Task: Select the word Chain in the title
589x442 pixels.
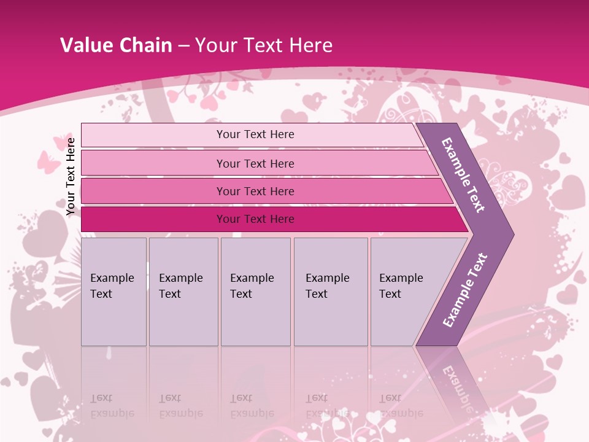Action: point(145,45)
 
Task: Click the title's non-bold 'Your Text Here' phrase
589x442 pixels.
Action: point(264,45)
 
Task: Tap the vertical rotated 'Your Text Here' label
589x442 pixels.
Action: point(71,176)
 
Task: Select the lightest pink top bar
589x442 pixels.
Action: point(255,134)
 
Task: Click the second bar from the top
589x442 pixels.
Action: point(255,163)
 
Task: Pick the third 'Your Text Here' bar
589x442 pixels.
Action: point(255,191)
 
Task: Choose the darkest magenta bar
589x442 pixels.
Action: point(255,219)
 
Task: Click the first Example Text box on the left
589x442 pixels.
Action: point(114,291)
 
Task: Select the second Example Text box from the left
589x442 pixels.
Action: point(183,291)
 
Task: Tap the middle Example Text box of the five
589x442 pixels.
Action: point(255,291)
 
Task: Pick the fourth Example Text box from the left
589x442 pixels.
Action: point(330,291)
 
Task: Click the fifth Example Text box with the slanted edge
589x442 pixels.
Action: point(405,291)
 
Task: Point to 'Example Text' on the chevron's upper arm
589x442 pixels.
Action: point(463,175)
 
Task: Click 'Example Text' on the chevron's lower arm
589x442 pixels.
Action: point(465,290)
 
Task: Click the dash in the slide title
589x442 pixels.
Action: point(183,46)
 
